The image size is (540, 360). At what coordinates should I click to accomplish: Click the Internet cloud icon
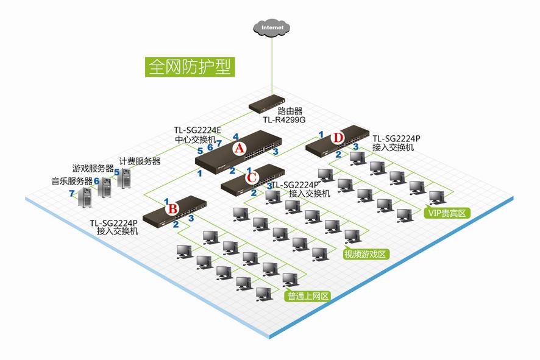click(272, 27)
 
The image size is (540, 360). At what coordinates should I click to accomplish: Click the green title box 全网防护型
click(189, 66)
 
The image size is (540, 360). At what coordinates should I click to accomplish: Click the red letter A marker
click(240, 148)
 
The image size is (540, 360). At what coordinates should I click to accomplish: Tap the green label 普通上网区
click(308, 296)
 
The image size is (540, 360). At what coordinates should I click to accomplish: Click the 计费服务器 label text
click(140, 161)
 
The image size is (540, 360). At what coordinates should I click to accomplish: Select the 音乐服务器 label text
click(71, 181)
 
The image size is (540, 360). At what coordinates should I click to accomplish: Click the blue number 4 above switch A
click(236, 136)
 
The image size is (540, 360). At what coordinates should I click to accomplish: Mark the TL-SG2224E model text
click(197, 130)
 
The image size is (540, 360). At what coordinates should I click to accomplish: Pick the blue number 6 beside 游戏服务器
click(96, 181)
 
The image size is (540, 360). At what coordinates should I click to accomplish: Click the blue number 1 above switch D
click(321, 133)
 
